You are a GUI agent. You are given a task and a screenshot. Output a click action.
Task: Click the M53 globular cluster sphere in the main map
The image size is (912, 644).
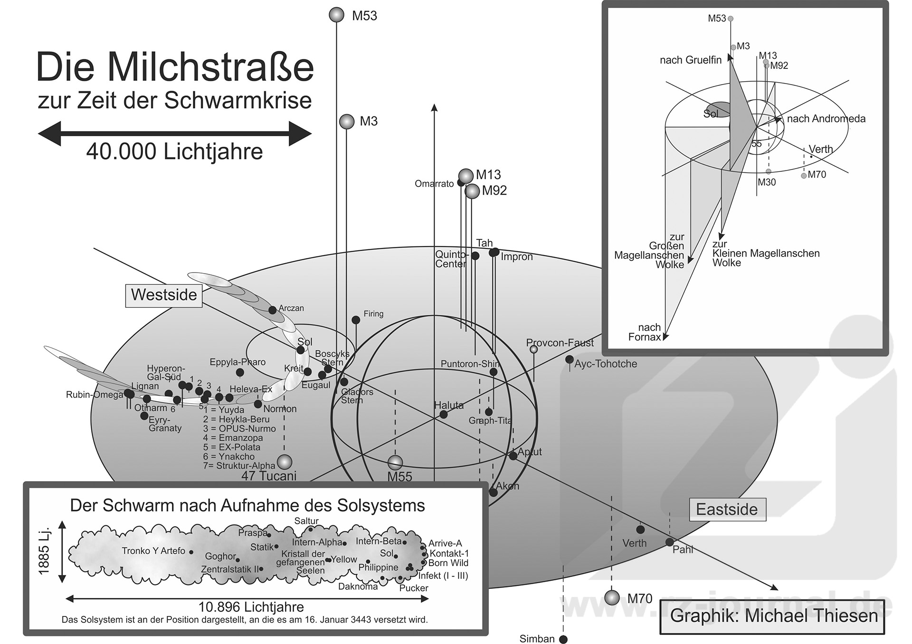point(336,15)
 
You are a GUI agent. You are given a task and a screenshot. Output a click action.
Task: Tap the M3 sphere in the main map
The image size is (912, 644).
point(347,122)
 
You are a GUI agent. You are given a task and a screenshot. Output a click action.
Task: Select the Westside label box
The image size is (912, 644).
point(164,295)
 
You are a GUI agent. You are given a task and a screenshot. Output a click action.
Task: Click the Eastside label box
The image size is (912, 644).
point(727,510)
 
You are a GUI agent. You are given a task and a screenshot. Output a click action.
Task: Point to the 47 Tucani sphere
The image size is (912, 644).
point(285,461)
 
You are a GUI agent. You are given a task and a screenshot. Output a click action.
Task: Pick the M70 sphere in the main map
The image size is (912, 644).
point(612,597)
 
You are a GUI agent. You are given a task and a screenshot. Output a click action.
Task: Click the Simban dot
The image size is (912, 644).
point(563,639)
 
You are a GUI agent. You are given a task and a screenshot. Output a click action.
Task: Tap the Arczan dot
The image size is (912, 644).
point(272,310)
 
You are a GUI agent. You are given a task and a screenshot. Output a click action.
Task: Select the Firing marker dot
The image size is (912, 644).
point(356,320)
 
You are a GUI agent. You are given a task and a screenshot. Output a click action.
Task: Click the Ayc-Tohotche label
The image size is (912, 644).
point(606,364)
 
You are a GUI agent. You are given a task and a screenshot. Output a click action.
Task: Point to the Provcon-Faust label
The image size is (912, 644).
point(560,343)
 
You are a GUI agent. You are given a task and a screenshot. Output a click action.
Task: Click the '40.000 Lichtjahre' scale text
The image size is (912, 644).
point(174,152)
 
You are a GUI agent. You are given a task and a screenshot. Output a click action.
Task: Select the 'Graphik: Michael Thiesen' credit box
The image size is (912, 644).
point(772,616)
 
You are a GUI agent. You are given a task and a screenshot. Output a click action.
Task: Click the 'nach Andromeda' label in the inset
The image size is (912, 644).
point(826,119)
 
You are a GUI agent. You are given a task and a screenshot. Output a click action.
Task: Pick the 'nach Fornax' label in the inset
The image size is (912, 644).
point(645,332)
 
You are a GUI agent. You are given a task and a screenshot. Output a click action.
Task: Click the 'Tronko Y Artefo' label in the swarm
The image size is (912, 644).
point(153,551)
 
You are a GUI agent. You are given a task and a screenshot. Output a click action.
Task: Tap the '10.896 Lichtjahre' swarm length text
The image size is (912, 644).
point(251,607)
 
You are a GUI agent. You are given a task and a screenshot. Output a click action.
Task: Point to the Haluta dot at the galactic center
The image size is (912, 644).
point(443,414)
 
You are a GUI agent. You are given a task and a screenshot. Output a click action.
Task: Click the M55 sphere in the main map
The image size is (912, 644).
point(395,462)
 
